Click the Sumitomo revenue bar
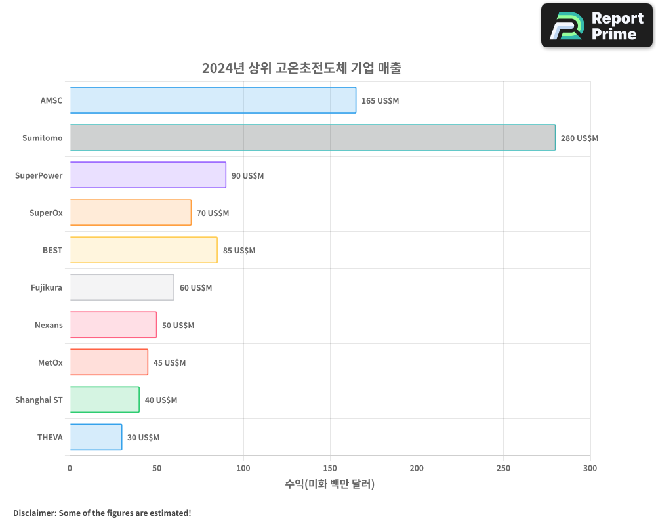point(312,138)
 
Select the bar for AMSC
point(213,100)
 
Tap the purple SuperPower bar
point(148,175)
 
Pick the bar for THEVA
point(96,437)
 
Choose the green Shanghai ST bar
point(104,400)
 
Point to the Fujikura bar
point(122,287)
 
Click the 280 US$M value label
point(579,138)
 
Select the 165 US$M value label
point(380,101)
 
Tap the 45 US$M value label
point(169,363)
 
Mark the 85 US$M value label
point(239,251)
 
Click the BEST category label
point(52,251)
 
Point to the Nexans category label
point(49,325)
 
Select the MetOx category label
point(51,363)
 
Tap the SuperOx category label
point(46,213)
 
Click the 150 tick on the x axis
point(330,468)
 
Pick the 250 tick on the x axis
point(503,468)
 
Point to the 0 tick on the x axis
point(70,468)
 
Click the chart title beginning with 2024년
point(301,68)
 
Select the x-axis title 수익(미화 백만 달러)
point(330,484)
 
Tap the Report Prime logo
point(597,26)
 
